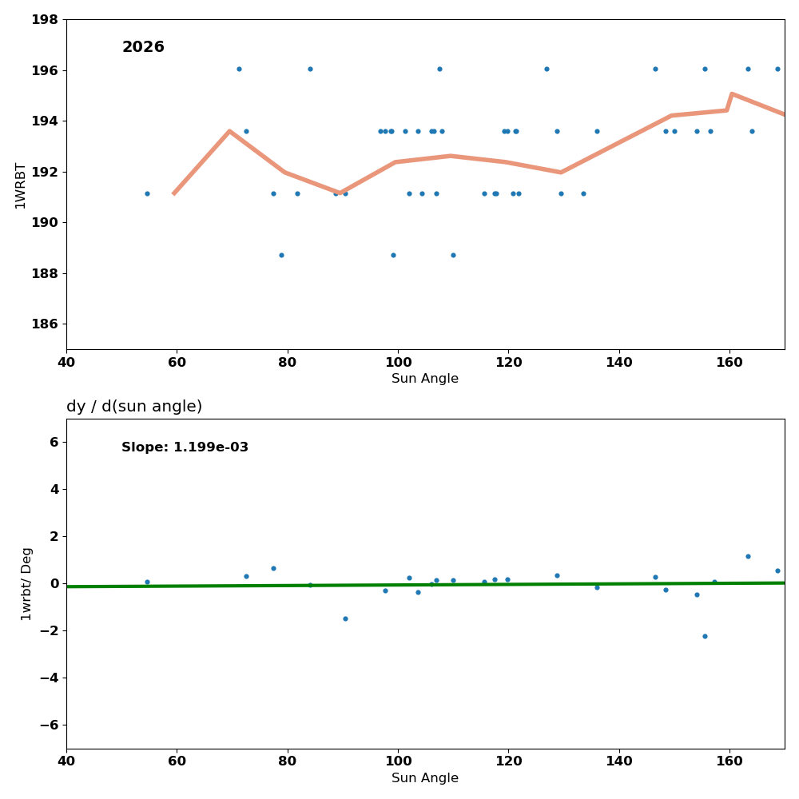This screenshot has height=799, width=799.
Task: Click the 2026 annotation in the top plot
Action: [x=143, y=48]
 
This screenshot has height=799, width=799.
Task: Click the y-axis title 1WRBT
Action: [x=21, y=185]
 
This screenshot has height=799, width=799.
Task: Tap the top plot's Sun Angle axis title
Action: [x=425, y=379]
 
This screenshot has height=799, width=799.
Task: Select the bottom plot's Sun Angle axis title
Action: [x=425, y=778]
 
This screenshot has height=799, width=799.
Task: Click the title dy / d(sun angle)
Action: [x=134, y=407]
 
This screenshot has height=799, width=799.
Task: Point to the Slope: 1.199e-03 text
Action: [x=185, y=447]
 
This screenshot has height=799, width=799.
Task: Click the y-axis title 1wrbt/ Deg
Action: [x=26, y=584]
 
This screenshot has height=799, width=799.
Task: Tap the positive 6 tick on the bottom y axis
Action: [x=53, y=442]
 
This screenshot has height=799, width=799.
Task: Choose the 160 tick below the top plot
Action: [x=729, y=362]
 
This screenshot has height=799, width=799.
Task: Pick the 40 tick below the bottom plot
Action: [x=66, y=761]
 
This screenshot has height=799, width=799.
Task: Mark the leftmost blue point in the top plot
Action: [x=147, y=193]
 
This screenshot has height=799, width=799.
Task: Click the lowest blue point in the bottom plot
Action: [x=705, y=636]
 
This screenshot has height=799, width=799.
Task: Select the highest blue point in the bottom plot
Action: [x=748, y=556]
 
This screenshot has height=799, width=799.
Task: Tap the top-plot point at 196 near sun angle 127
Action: [x=547, y=69]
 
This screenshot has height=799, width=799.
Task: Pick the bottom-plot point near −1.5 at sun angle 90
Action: [x=345, y=618]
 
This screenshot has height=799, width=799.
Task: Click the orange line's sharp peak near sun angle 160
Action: [x=731, y=93]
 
